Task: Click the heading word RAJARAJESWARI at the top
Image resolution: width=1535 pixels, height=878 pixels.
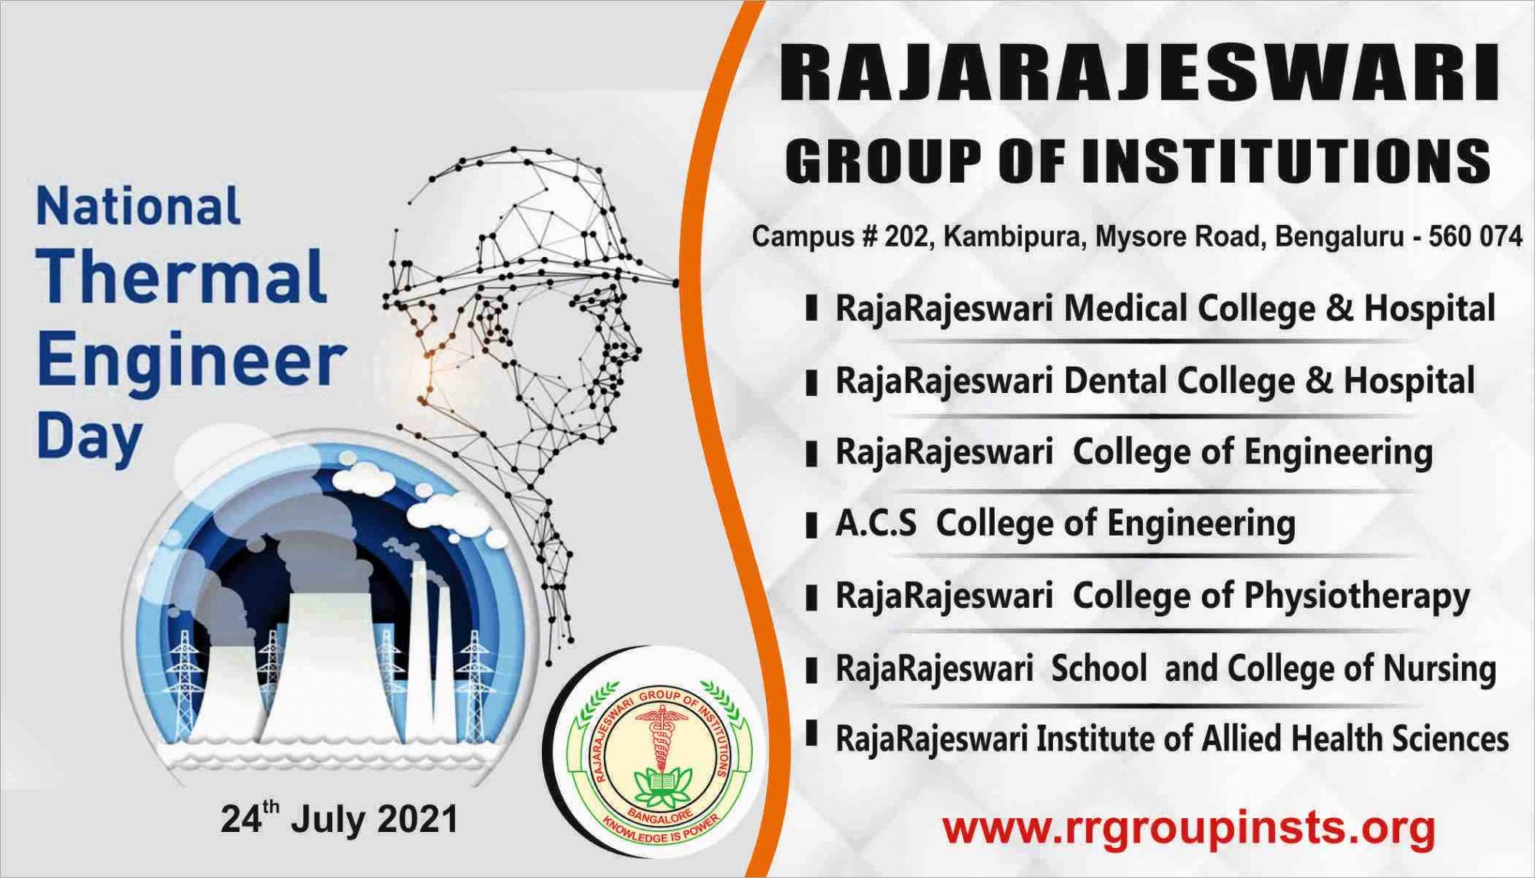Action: point(1140,74)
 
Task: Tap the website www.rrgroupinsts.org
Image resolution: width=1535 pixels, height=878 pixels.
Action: point(1189,827)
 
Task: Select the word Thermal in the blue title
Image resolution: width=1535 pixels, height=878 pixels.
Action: point(182,276)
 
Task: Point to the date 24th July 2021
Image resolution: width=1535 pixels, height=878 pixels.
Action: point(339,818)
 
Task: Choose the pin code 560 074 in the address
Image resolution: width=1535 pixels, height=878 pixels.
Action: point(1474,236)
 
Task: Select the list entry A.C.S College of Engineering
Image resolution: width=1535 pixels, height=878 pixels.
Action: point(1065,524)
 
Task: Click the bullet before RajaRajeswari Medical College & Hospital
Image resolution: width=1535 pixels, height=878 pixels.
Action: point(811,310)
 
